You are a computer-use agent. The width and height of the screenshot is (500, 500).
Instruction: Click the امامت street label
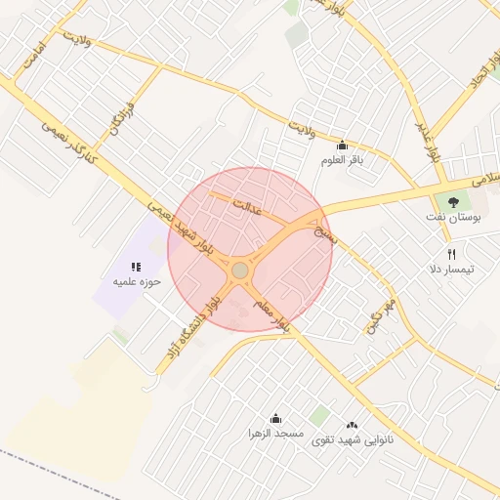coord(26,60)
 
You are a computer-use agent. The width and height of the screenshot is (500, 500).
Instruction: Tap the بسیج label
coord(323,231)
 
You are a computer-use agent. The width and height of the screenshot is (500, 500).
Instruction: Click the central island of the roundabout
coord(240,269)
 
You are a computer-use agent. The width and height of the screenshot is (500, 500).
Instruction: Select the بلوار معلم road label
coord(271,315)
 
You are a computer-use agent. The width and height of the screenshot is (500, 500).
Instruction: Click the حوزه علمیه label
coord(135,281)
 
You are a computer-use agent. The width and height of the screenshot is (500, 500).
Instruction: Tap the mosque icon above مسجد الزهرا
coord(275,417)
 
